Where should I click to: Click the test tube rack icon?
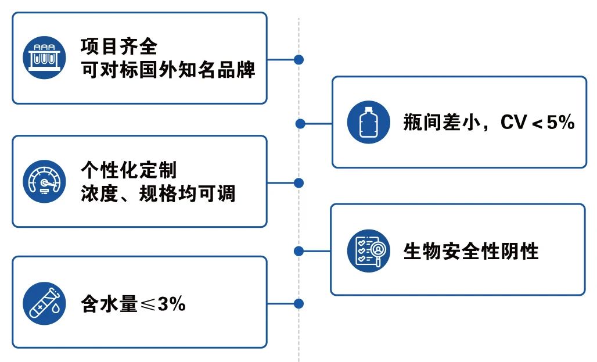coord(44,58)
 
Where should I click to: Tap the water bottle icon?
coord(369,122)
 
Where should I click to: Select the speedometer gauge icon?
coord(44,181)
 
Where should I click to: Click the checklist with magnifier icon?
coord(369,251)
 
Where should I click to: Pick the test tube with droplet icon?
coord(44,303)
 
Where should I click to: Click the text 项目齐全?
coord(119,46)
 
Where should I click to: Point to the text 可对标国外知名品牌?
coord(167,70)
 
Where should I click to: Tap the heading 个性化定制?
coord(129,170)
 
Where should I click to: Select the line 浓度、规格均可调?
coord(157,193)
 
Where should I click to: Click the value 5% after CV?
coord(560,123)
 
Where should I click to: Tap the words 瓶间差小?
coord(442,123)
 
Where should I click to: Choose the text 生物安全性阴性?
coord(471,251)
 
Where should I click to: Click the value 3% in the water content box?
coord(171,304)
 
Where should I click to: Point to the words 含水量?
coord(109,304)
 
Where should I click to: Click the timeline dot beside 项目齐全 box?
coord(299,59)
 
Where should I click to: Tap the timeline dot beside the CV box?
coord(300,123)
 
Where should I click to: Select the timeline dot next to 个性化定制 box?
coord(299,183)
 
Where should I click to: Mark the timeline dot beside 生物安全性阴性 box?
coord(299,251)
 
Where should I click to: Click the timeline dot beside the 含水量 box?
coord(299,303)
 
